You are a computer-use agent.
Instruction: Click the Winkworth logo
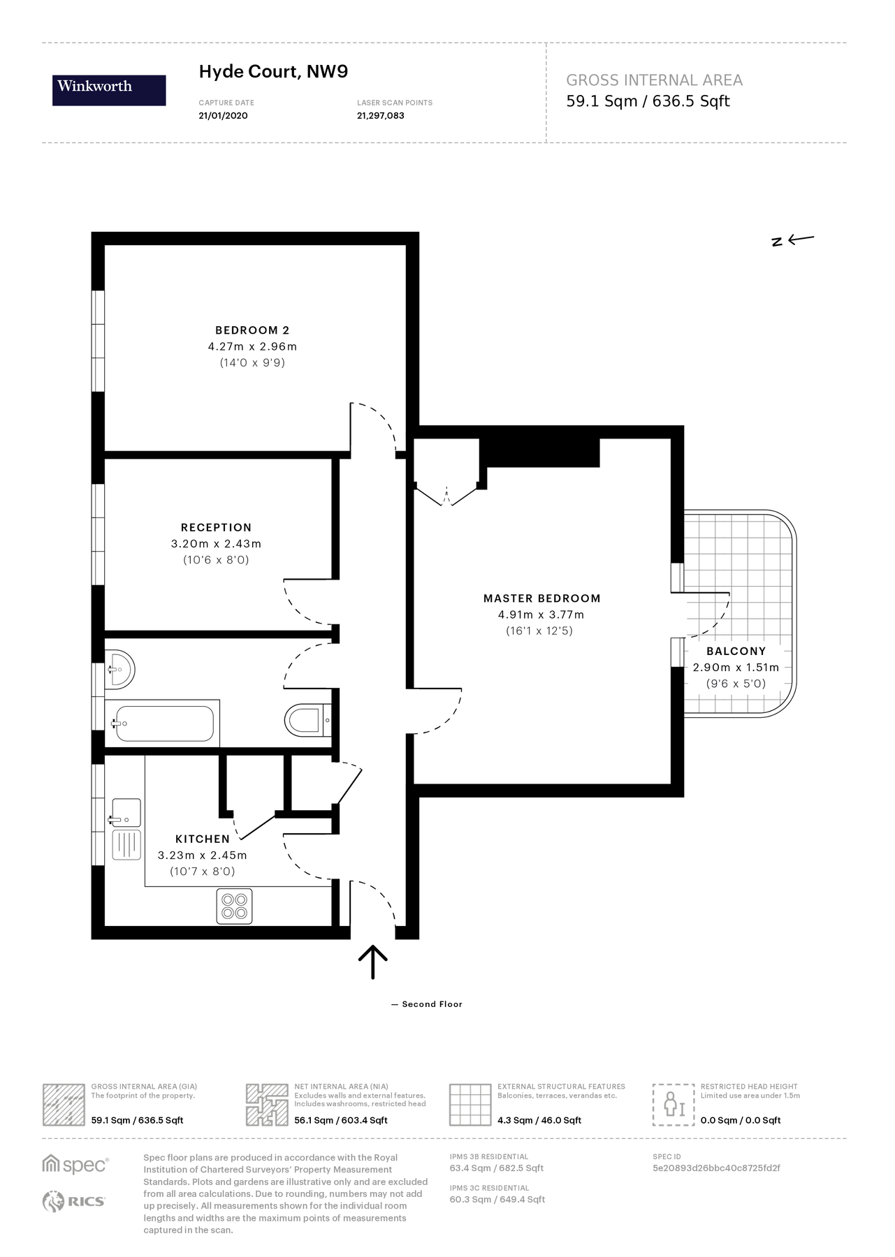[109, 90]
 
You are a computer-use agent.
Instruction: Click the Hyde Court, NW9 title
[273, 72]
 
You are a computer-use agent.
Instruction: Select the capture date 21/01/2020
[223, 116]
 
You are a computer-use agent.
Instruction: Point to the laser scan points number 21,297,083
[380, 116]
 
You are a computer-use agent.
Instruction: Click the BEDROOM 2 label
[252, 330]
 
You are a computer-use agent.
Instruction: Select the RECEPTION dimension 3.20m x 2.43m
[216, 544]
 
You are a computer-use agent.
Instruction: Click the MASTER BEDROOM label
[541, 598]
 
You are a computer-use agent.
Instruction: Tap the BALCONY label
[736, 651]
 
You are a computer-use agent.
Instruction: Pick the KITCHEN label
[202, 839]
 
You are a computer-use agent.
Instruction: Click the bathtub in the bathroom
[164, 723]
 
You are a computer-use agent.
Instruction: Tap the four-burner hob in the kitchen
[234, 906]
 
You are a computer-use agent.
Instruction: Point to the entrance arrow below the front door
[372, 962]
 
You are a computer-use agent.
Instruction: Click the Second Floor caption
[431, 1004]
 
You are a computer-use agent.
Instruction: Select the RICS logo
[74, 1202]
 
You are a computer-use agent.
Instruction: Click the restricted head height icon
[674, 1104]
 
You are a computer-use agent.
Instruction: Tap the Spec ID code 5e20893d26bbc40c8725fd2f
[716, 1168]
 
